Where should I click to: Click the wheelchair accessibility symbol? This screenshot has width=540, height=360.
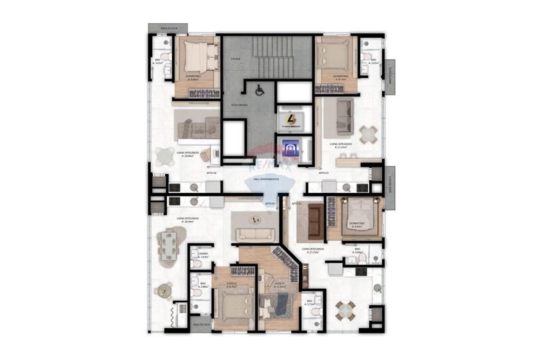pos(259,91)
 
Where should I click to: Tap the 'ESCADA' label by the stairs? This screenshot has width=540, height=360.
pos(235,58)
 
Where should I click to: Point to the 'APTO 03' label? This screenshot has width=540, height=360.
pos(323,173)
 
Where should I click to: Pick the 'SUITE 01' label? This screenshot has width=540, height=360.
pos(279,284)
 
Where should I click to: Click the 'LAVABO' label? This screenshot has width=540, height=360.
pos(203,254)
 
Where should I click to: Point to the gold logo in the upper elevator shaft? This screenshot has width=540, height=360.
pos(291,119)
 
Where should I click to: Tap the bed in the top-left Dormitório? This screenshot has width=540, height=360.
pos(196,57)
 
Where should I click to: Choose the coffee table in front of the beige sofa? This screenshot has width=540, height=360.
pos(255,220)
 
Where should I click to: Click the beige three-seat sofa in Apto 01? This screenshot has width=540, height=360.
pos(255,234)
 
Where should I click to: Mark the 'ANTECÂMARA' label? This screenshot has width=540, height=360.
pos(239,105)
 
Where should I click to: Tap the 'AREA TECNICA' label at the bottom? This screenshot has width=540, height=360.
pos(200,324)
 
